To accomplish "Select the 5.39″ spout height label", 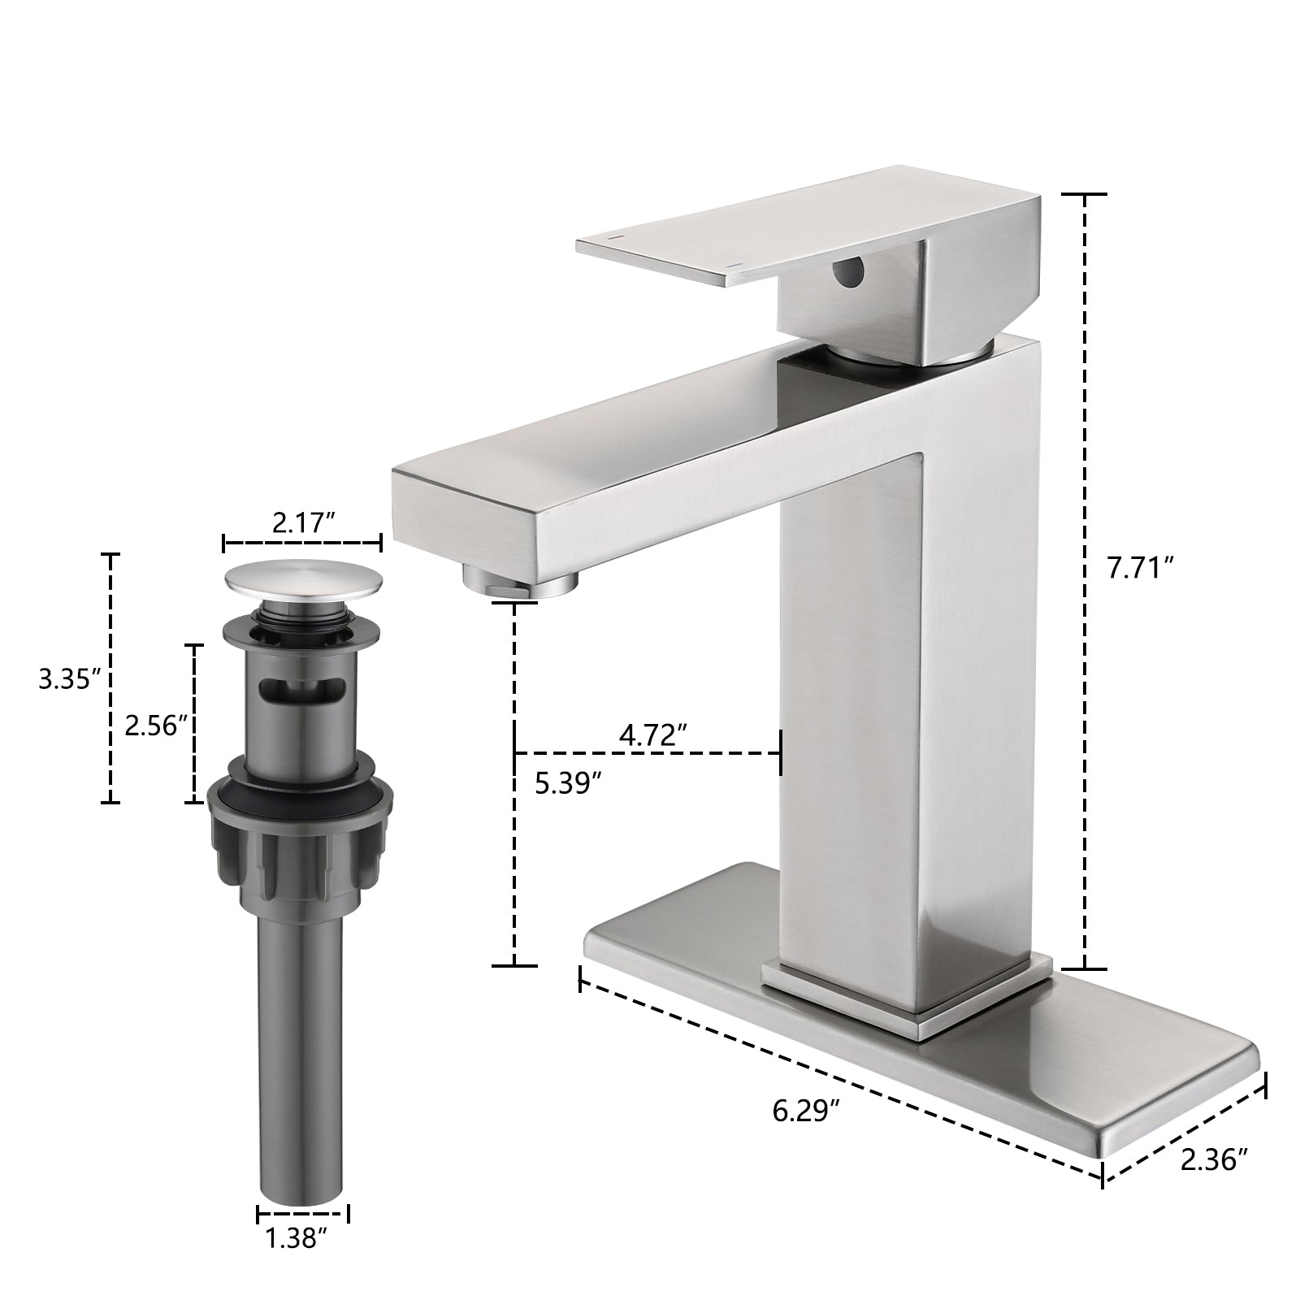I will click(x=568, y=783).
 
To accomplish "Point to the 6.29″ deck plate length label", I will click(x=805, y=1110).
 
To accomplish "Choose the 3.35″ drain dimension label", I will click(x=69, y=678).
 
